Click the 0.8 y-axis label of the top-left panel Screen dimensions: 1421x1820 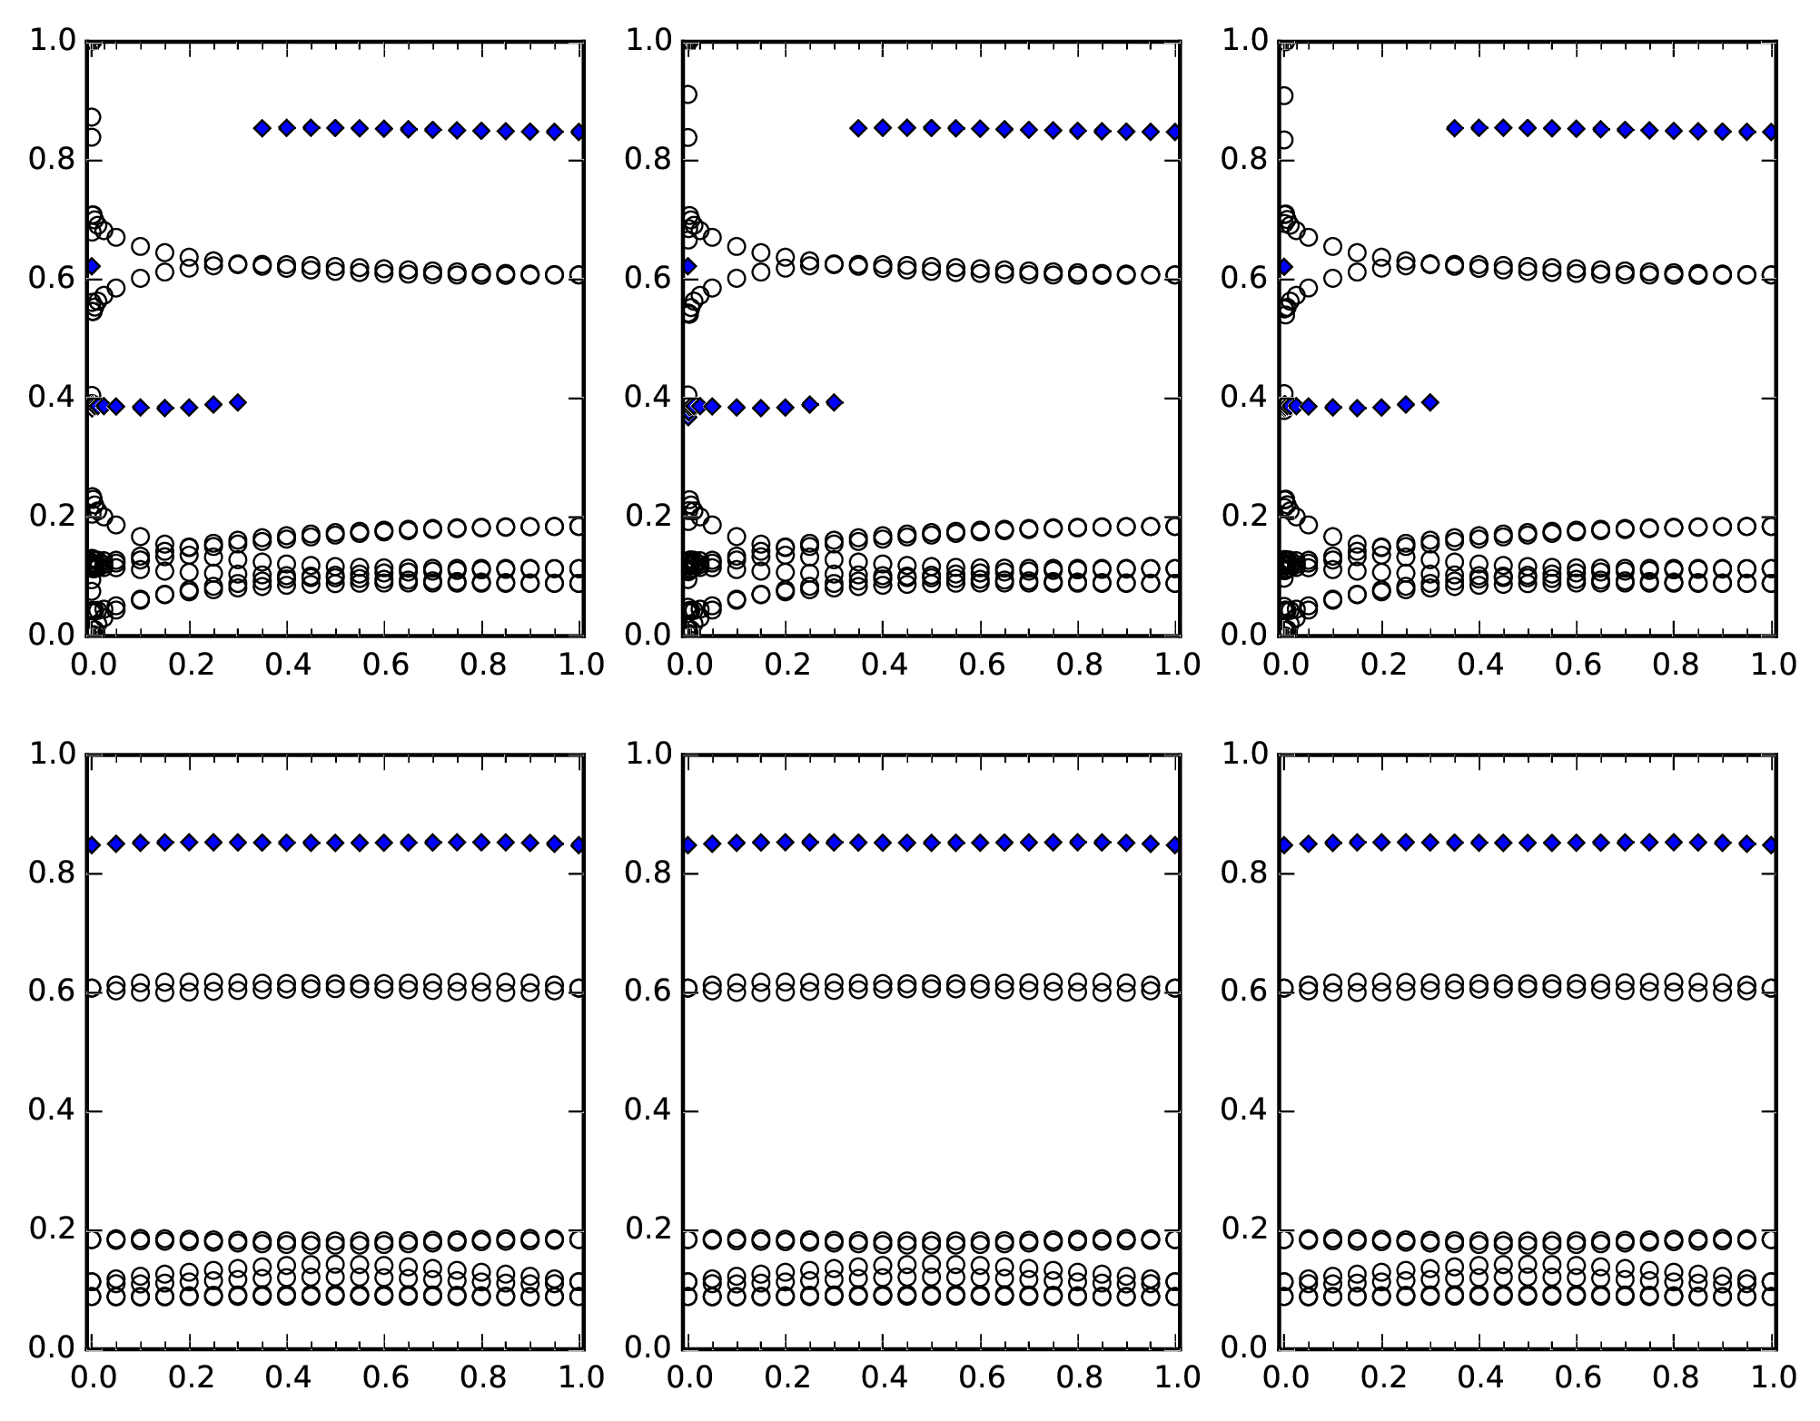point(49,160)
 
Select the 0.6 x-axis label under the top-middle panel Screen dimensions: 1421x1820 point(983,665)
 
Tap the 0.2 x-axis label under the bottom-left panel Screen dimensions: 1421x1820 point(190,1377)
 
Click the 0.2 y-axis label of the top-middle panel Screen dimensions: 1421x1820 point(645,516)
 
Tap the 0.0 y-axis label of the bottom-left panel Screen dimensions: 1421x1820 point(49,1347)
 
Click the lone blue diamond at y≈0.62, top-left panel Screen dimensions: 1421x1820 point(91,266)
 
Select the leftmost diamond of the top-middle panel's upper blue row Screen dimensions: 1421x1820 point(857,128)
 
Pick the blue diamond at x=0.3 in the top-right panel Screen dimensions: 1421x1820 point(1429,402)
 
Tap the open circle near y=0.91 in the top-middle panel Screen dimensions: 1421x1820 point(688,94)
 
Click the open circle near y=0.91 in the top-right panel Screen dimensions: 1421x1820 point(1284,95)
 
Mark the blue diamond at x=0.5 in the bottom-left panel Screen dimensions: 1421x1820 point(335,843)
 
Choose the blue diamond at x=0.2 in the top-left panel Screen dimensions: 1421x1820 point(189,407)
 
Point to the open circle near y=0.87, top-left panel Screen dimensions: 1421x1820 point(92,117)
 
